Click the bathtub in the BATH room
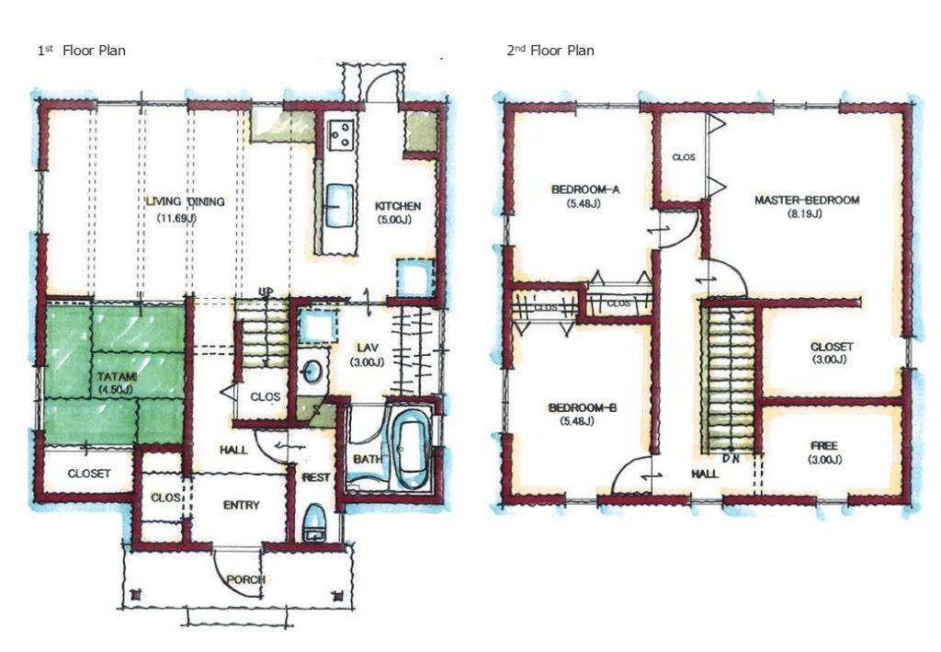(x=411, y=447)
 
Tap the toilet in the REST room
(x=313, y=523)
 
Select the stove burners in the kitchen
(x=340, y=134)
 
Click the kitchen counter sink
(x=339, y=205)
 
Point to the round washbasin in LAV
(x=311, y=371)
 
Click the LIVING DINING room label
(x=186, y=201)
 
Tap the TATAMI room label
(x=117, y=377)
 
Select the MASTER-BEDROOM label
(x=807, y=200)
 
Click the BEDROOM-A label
(x=585, y=189)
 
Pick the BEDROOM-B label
(x=582, y=408)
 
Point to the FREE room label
(x=823, y=446)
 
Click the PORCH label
(x=246, y=579)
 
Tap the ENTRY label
(x=242, y=506)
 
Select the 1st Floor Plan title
(x=82, y=51)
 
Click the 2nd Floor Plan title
(x=550, y=51)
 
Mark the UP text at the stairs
(x=266, y=292)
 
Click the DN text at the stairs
(x=731, y=459)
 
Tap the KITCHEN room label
(x=397, y=206)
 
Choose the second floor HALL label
(x=705, y=474)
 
